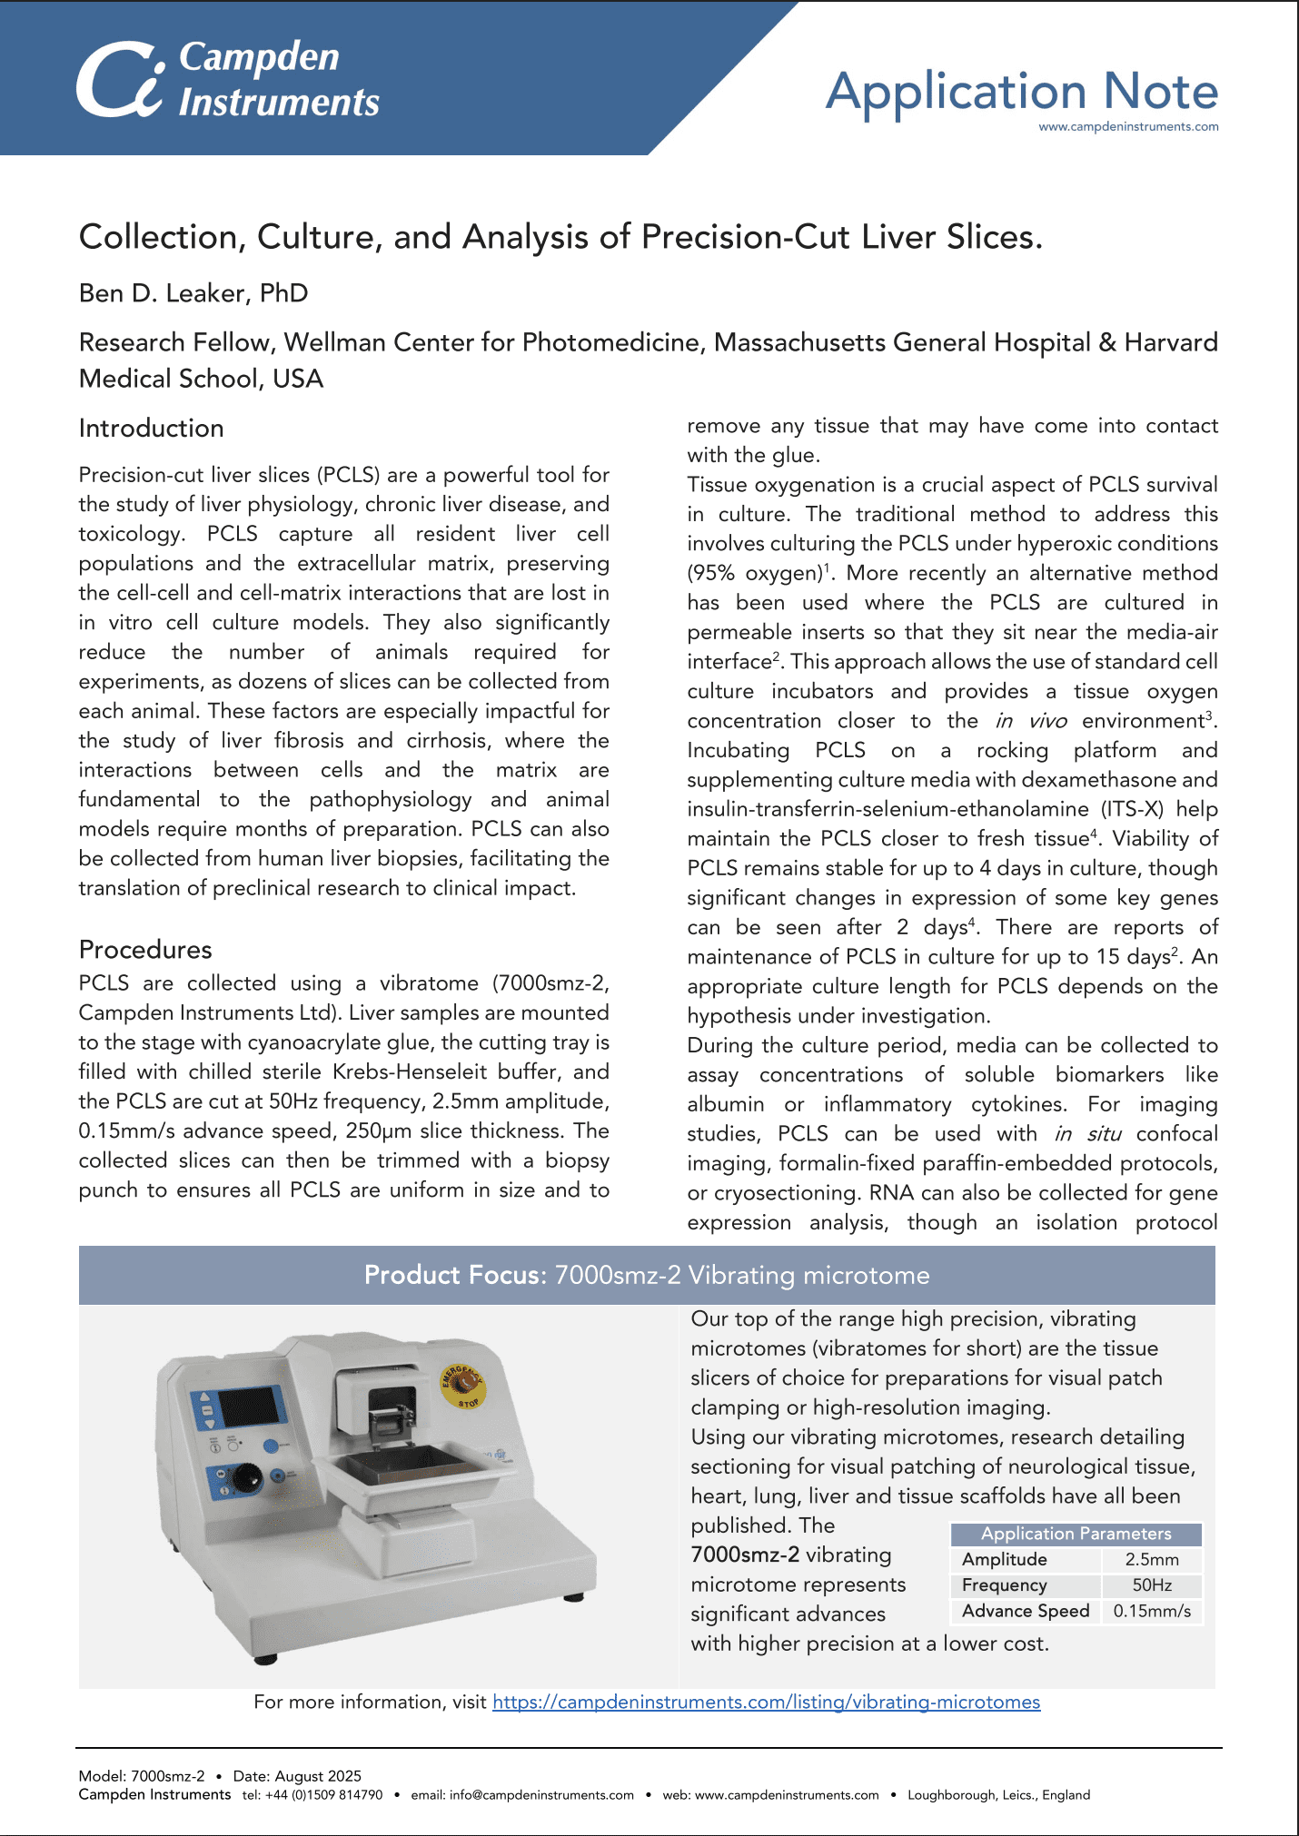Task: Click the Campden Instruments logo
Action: tap(227, 80)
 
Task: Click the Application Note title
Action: tap(1021, 91)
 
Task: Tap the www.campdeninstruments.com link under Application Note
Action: tap(1128, 127)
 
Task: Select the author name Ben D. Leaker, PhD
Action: tap(193, 293)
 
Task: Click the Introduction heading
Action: tap(151, 429)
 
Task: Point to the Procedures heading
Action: tap(145, 950)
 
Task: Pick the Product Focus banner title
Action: tap(646, 1275)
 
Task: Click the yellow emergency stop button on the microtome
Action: tap(462, 1385)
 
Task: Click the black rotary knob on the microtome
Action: tap(246, 1479)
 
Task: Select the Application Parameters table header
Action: tap(1076, 1534)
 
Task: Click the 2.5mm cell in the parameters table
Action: tap(1152, 1560)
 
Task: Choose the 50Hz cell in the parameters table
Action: tap(1152, 1585)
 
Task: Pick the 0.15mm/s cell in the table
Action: tap(1152, 1611)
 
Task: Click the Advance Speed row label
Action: tap(1026, 1611)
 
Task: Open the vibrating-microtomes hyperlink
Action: tap(766, 1702)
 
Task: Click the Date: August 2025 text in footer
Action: tap(297, 1776)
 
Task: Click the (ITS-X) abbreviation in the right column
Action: tap(1132, 809)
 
